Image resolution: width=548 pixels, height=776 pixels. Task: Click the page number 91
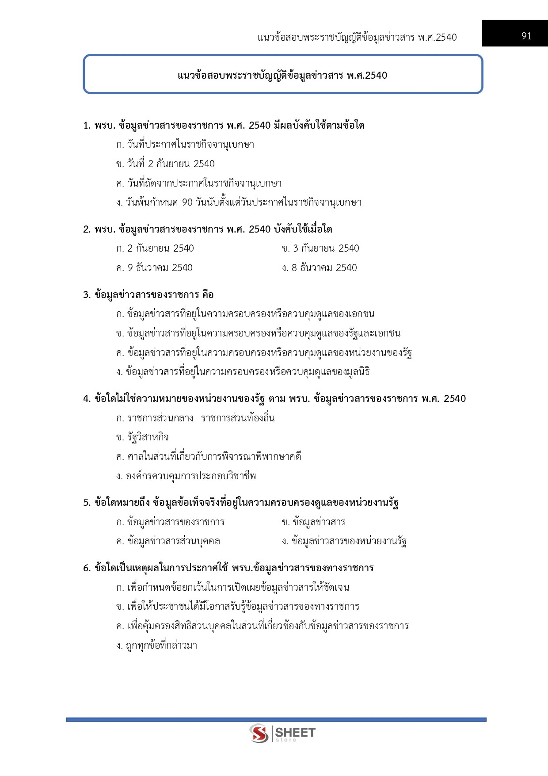click(526, 36)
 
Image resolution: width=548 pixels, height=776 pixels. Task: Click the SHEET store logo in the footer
click(282, 734)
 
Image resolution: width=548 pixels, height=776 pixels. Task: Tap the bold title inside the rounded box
click(282, 76)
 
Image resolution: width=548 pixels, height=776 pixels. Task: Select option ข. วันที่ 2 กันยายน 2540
click(165, 164)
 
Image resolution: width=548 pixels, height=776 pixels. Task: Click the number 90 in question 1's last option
click(187, 203)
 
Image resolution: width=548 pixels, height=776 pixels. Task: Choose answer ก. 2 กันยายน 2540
click(155, 248)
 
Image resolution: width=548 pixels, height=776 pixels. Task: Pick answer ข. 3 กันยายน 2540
click(320, 248)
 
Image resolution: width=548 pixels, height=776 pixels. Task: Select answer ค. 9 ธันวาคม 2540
click(154, 268)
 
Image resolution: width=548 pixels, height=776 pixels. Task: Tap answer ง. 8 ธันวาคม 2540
click(320, 268)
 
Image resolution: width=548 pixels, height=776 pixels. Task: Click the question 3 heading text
click(148, 295)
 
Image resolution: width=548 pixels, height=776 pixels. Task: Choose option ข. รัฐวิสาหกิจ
click(142, 437)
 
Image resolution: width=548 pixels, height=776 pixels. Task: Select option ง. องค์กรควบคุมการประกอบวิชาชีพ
click(186, 476)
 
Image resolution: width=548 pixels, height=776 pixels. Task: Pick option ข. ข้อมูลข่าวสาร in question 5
click(313, 522)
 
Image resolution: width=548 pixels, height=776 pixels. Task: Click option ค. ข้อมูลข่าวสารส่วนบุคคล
click(168, 541)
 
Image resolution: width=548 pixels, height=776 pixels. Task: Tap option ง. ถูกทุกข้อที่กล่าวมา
click(157, 646)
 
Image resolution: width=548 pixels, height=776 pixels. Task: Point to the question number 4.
click(86, 399)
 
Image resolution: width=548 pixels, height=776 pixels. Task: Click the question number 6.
click(86, 568)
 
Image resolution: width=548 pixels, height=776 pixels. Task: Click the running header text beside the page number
click(357, 38)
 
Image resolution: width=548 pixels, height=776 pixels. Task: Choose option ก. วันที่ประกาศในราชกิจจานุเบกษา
click(185, 145)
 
